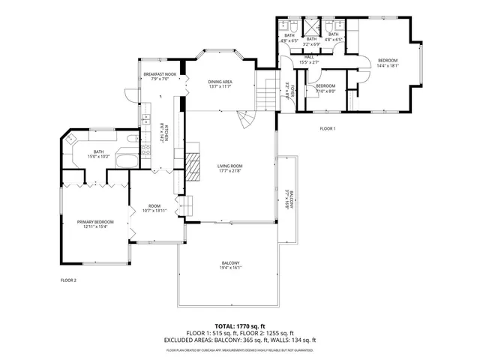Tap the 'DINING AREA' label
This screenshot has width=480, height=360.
[x=220, y=81]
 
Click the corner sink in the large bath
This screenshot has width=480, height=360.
[x=72, y=138]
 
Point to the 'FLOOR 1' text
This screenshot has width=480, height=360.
[x=328, y=129]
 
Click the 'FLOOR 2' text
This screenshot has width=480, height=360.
[x=68, y=280]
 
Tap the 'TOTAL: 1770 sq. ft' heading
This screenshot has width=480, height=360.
[x=240, y=326]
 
